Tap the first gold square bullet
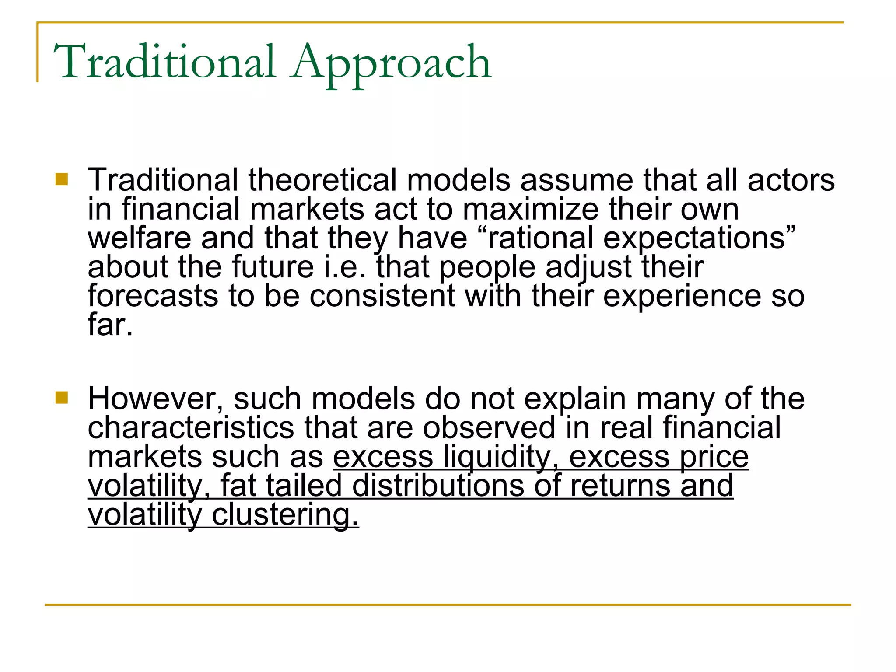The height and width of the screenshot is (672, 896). [62, 179]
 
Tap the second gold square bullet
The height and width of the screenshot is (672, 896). [62, 398]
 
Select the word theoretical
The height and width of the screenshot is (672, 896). [323, 180]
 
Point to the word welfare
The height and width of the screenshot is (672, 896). [139, 238]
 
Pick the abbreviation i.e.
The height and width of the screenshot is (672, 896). [344, 267]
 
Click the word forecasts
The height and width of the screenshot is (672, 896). [153, 296]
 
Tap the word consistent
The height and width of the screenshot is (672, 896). [382, 296]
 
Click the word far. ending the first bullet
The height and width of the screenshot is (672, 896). [110, 325]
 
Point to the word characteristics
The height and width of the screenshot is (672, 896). [191, 427]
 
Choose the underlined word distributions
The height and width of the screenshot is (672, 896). [438, 486]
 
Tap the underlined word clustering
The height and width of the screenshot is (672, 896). [285, 514]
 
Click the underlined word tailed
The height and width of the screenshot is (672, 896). [304, 486]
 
